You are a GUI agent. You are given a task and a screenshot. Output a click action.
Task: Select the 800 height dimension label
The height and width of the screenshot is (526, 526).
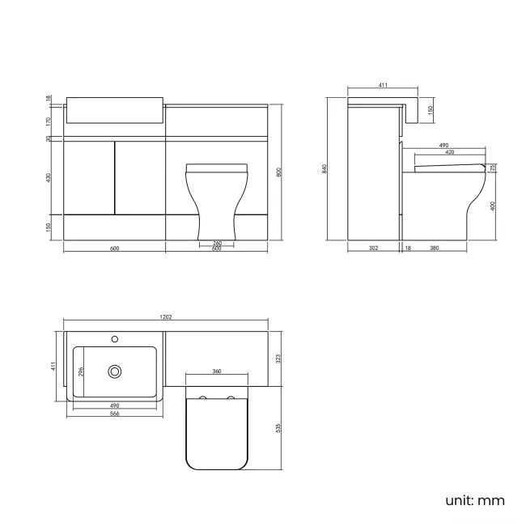[x=278, y=172]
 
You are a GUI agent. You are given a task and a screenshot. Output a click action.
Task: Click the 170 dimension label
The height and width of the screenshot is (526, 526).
[x=49, y=121]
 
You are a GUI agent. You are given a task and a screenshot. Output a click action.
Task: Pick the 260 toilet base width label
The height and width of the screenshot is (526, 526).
[x=217, y=243]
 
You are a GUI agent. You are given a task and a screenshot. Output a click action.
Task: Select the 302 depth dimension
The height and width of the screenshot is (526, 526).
[x=373, y=248]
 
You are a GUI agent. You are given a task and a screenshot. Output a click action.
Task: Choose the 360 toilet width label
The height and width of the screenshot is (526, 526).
[x=217, y=371]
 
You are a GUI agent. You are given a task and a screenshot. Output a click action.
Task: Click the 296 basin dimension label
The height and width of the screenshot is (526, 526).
[x=80, y=371]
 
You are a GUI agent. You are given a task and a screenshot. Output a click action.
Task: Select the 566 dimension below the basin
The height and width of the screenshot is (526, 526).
[x=114, y=413]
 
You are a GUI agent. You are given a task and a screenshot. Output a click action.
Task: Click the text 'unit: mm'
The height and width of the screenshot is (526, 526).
[x=474, y=500]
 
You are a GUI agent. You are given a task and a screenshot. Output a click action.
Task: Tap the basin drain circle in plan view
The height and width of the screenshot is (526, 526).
[x=115, y=371]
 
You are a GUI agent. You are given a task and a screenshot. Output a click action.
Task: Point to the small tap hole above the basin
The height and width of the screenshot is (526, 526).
[x=115, y=339]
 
